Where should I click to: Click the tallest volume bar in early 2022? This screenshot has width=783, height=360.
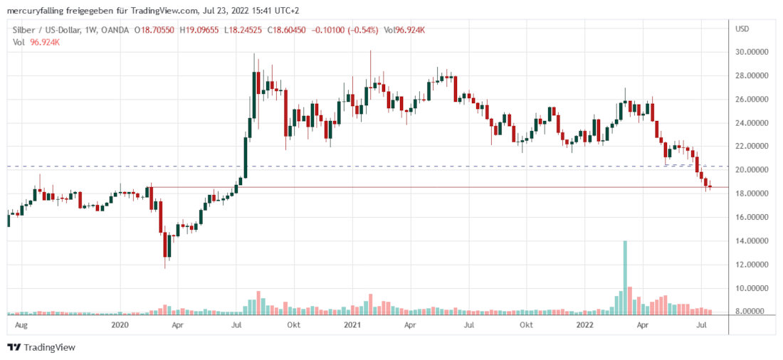(625, 277)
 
